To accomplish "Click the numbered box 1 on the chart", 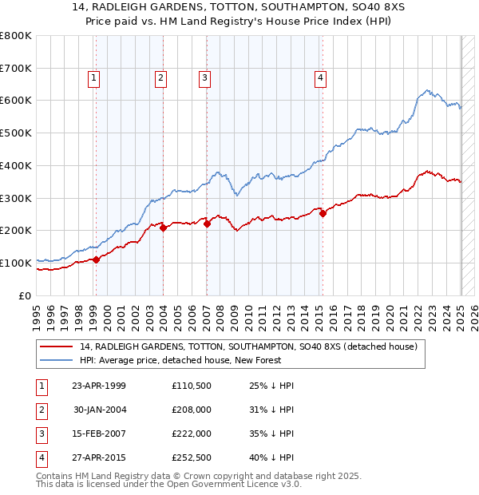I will (94, 77).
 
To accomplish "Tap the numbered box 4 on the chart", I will (320, 77).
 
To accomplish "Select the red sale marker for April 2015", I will (323, 213).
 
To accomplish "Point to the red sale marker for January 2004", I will (163, 228).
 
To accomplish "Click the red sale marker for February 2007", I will (207, 224).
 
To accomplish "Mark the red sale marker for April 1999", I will (96, 259).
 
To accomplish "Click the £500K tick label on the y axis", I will (15, 133).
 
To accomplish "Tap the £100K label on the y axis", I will (15, 263).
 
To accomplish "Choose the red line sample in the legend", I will (57, 346).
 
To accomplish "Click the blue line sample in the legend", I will (57, 361).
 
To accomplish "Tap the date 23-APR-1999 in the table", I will (99, 386).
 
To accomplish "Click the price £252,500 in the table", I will (191, 457).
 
